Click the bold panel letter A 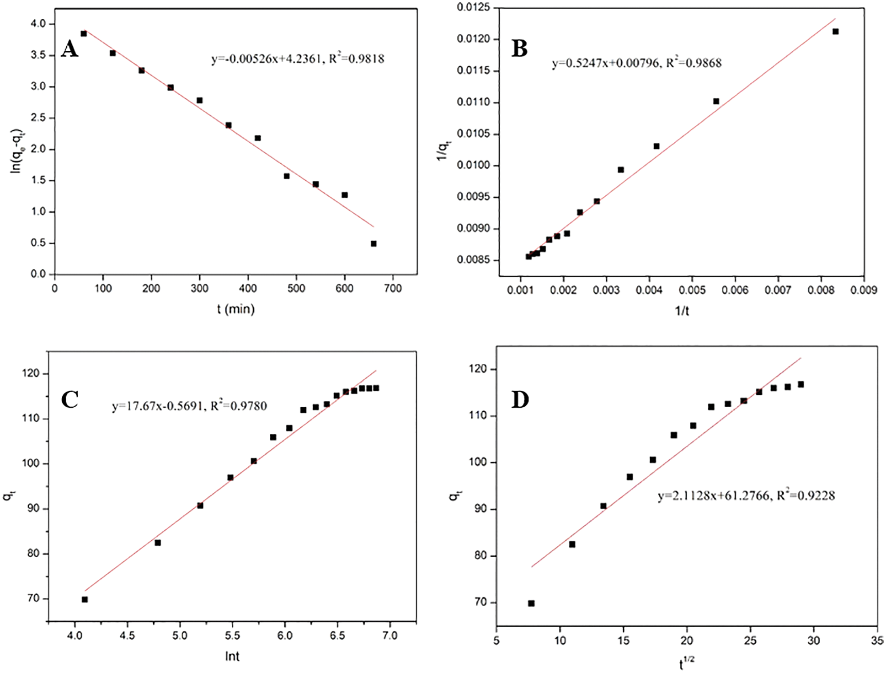69,48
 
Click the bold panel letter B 519,48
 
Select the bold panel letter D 520,400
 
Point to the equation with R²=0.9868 636,63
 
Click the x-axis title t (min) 235,309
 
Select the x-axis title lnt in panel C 232,657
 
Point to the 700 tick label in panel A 393,288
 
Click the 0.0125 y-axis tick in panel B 473,7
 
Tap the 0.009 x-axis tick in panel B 864,290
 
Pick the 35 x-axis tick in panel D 877,641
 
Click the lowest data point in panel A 374,244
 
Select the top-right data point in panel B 835,32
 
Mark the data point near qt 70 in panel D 531,603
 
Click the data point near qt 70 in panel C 85,599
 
